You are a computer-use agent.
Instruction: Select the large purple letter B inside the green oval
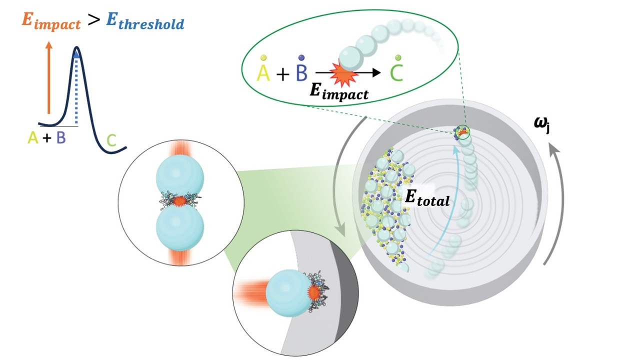click(x=301, y=73)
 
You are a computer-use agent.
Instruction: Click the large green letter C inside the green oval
click(x=397, y=73)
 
